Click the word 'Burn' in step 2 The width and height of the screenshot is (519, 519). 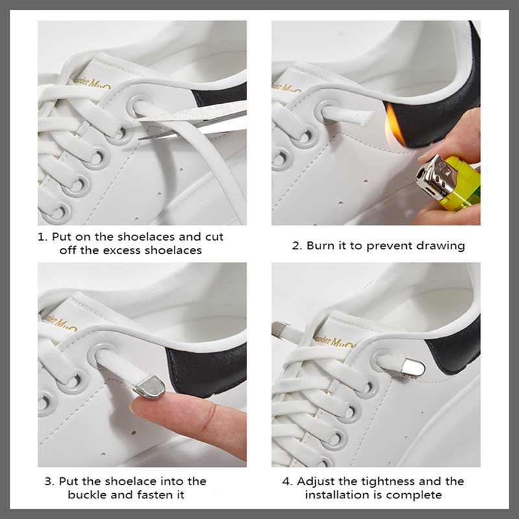coord(321,246)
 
